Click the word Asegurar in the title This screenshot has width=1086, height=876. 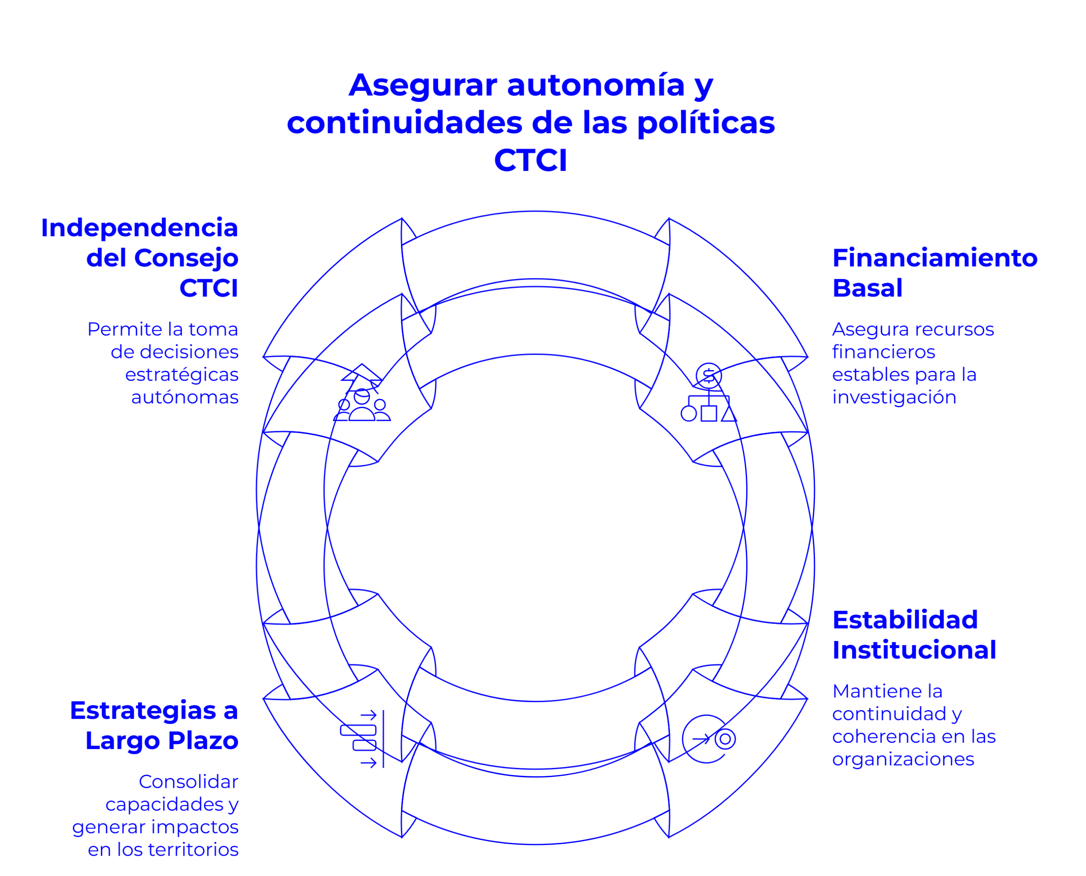(x=423, y=85)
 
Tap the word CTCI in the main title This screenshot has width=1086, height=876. (x=530, y=160)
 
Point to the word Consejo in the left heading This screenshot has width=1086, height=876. (x=186, y=258)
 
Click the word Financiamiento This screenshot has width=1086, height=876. (x=935, y=258)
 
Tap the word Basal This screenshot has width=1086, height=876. (x=867, y=288)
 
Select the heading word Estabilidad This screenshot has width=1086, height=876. (x=905, y=620)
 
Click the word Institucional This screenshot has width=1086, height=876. (x=914, y=650)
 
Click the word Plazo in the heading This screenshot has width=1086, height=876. (x=203, y=741)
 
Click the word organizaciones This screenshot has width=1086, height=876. (x=903, y=759)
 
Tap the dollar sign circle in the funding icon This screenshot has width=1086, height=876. (x=708, y=375)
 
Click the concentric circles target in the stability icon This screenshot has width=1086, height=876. (x=725, y=739)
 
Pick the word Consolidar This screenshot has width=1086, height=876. (x=188, y=782)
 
